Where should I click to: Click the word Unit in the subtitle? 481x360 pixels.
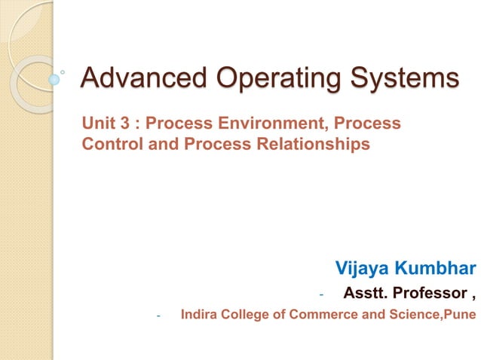[x=97, y=122]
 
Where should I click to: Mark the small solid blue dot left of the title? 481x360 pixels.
[x=54, y=78]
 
